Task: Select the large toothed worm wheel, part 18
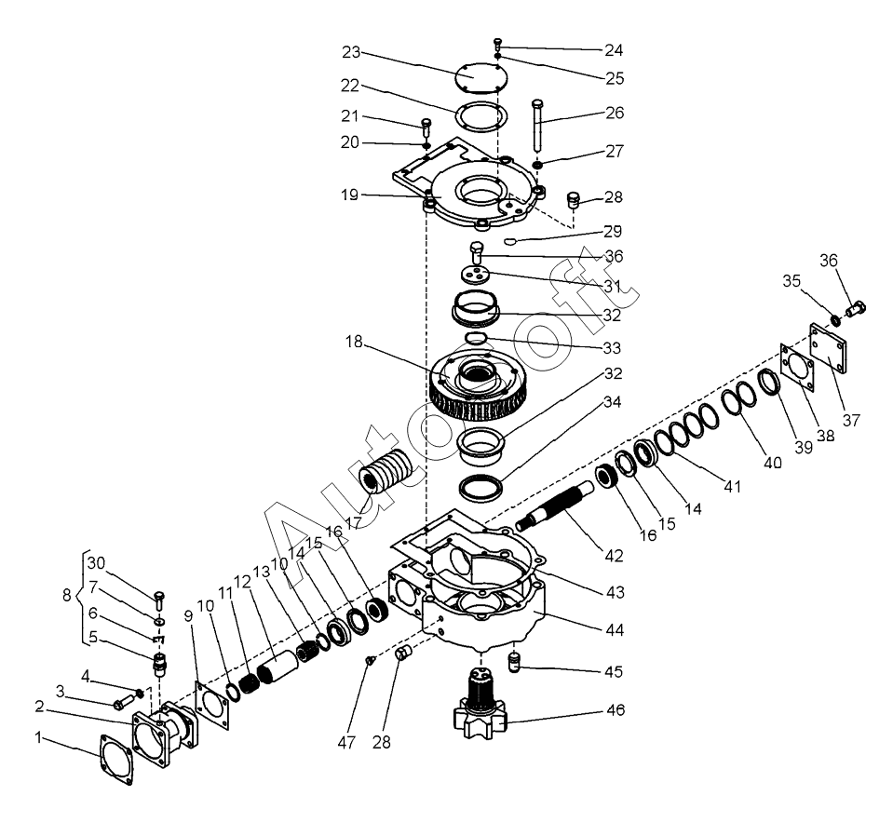point(475,384)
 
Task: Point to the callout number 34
point(611,402)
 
